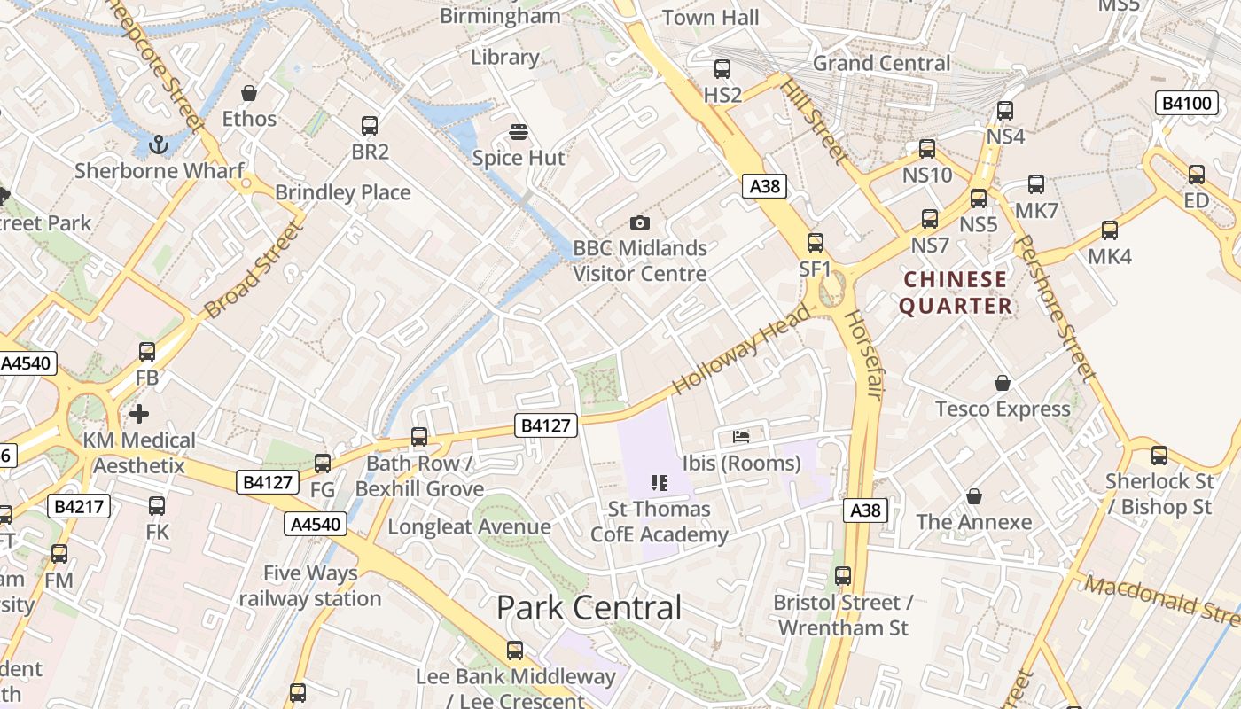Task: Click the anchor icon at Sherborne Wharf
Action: pyautogui.click(x=159, y=144)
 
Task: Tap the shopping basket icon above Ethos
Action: pyautogui.click(x=249, y=93)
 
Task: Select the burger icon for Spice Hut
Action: pyautogui.click(x=519, y=133)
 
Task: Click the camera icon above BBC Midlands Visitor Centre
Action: pyautogui.click(x=639, y=222)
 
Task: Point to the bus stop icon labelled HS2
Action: pyautogui.click(x=722, y=69)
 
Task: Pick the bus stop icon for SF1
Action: pyautogui.click(x=816, y=243)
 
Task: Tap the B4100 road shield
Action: pyautogui.click(x=1186, y=103)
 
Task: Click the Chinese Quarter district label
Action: pyautogui.click(x=956, y=292)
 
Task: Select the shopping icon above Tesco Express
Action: pyautogui.click(x=1003, y=383)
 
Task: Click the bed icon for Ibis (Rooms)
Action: pyautogui.click(x=741, y=436)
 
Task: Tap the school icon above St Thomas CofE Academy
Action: pyautogui.click(x=659, y=483)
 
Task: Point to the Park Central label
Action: pyautogui.click(x=589, y=608)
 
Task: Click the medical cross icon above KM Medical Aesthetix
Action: pyautogui.click(x=139, y=414)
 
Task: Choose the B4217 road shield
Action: pyautogui.click(x=79, y=506)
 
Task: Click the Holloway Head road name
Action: pyautogui.click(x=741, y=349)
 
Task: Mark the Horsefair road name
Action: pyautogui.click(x=862, y=354)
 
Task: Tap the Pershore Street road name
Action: pyautogui.click(x=1055, y=308)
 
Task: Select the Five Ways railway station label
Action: pyautogui.click(x=310, y=586)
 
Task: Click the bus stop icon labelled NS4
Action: pyautogui.click(x=1005, y=112)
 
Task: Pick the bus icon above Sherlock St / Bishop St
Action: pyautogui.click(x=1159, y=456)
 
